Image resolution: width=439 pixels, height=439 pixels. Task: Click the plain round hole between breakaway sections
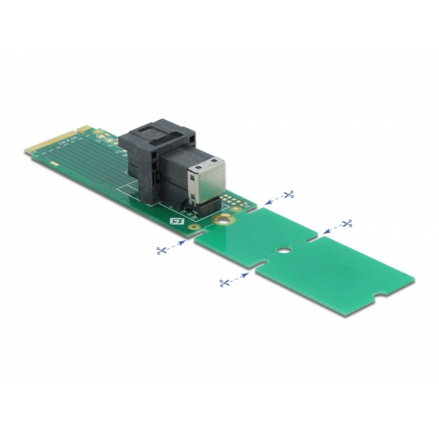[282, 252]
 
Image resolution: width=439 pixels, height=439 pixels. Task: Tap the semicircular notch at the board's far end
[374, 300]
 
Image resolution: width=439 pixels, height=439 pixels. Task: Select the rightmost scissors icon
[346, 223]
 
